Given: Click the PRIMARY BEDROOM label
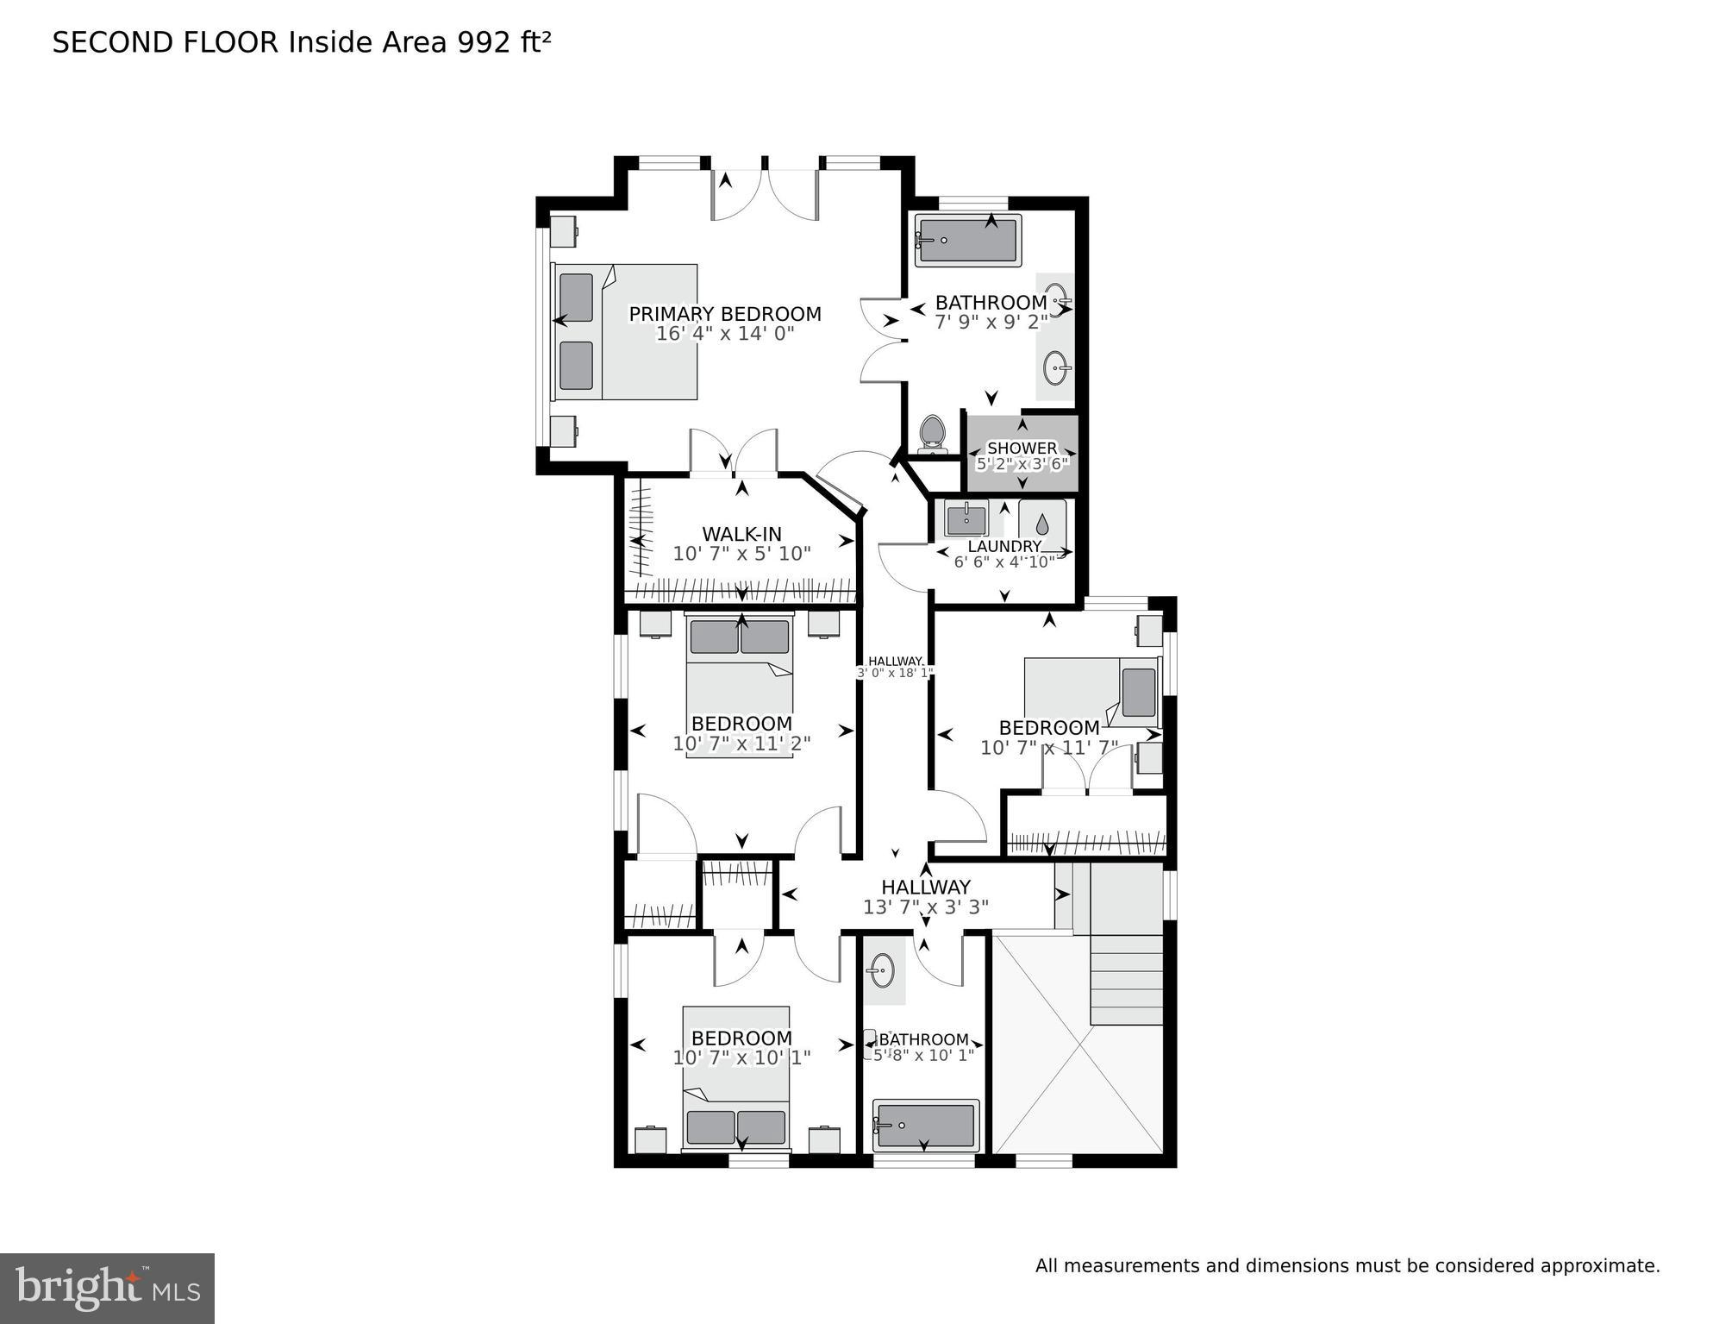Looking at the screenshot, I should click(724, 314).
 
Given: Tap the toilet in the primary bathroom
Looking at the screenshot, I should click(932, 434).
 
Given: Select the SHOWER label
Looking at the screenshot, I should click(1022, 448).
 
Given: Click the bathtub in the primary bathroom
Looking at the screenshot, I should click(967, 241).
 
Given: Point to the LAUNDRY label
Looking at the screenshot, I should click(1004, 546).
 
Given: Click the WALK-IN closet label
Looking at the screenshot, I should click(741, 534).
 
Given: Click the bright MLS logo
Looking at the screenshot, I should click(107, 1289).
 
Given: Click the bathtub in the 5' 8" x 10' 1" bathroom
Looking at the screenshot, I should click(926, 1125).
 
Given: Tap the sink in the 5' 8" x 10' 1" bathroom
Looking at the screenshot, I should click(881, 972).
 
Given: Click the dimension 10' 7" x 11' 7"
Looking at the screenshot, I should click(1049, 748).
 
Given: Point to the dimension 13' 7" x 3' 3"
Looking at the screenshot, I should click(925, 907).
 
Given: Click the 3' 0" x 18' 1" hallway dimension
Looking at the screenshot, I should click(895, 673).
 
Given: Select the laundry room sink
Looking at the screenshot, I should click(966, 519).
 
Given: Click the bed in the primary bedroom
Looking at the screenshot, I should click(625, 332).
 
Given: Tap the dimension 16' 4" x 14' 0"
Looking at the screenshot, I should click(724, 334).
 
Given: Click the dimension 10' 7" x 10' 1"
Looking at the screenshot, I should click(741, 1057).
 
